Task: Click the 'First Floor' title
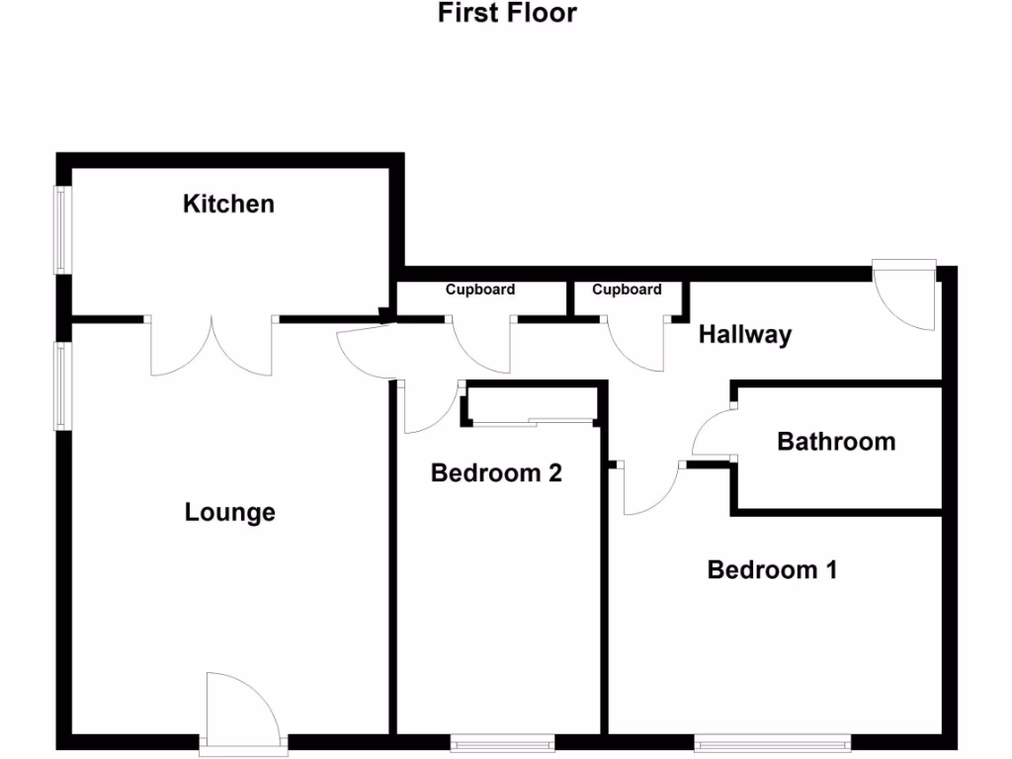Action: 507,14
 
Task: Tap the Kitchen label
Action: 228,205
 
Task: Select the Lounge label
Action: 229,513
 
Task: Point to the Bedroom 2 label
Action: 496,473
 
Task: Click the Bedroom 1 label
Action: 772,570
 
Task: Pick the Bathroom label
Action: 836,442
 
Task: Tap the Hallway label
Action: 745,335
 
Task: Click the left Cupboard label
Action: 480,291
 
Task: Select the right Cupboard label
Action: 627,291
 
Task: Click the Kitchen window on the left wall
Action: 61,230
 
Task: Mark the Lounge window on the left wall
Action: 61,385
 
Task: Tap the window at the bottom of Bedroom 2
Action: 502,742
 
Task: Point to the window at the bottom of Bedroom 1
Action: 772,741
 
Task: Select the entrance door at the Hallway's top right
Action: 907,295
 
